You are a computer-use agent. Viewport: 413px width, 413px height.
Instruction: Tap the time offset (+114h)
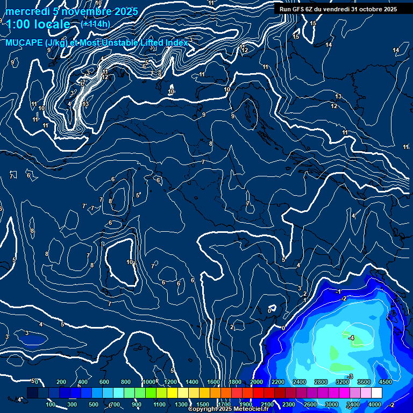(x=95, y=24)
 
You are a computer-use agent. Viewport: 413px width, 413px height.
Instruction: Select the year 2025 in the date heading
(x=125, y=11)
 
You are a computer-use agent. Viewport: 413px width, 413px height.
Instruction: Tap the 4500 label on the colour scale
(x=386, y=382)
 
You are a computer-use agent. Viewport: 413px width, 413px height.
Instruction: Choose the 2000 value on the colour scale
(x=257, y=382)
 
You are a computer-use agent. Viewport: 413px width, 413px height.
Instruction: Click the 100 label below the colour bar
(x=51, y=404)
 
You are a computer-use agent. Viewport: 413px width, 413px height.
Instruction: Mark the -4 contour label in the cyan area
(x=351, y=338)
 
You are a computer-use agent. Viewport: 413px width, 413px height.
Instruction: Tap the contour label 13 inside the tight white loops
(x=86, y=104)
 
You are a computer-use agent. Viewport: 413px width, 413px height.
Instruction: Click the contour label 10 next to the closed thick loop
(x=130, y=262)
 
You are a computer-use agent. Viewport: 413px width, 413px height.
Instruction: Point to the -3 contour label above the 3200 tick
(x=350, y=376)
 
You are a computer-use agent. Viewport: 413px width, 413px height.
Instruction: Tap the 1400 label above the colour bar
(x=192, y=382)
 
